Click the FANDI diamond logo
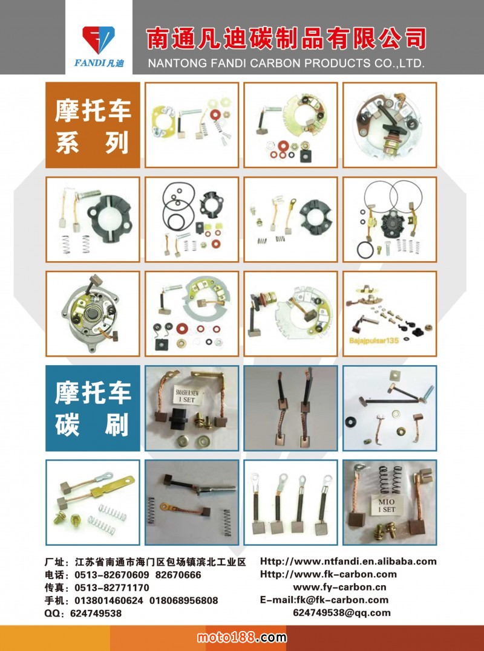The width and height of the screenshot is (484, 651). (99, 40)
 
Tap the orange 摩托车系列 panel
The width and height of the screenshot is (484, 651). (93, 125)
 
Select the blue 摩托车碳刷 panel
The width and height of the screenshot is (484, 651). (93, 408)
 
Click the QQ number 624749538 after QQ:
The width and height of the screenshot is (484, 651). (96, 613)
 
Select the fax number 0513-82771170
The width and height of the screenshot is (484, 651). (112, 588)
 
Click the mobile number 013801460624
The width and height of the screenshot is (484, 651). (109, 600)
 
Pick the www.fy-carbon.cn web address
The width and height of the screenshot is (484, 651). (339, 587)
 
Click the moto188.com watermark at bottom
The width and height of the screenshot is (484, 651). (242, 637)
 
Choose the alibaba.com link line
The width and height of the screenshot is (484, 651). (348, 562)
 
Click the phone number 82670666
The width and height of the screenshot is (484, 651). (178, 575)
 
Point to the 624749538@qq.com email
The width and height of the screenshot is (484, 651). (341, 613)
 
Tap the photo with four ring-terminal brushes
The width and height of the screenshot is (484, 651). (290, 502)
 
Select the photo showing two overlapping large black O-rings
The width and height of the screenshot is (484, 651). (389, 219)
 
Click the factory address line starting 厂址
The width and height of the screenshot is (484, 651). (145, 562)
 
